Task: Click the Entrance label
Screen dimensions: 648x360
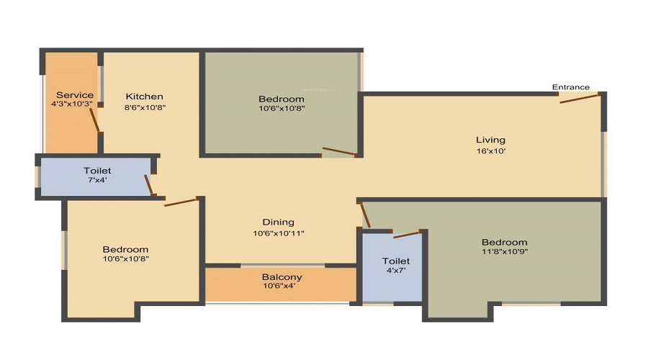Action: pos(571,87)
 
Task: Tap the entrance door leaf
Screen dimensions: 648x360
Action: pos(580,99)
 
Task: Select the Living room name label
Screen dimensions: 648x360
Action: pos(490,140)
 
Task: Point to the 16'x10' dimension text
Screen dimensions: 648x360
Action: pos(491,151)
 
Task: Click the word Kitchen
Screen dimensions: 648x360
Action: pos(144,96)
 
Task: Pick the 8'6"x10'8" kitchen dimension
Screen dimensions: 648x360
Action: pos(145,107)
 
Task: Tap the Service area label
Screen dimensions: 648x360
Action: pos(75,95)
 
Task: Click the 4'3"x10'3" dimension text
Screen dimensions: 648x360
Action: pos(72,104)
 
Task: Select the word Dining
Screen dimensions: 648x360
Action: pos(279,222)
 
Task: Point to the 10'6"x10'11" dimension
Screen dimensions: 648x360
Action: pos(279,233)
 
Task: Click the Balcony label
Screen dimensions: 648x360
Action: pos(282,277)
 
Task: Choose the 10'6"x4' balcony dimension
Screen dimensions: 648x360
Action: pos(279,286)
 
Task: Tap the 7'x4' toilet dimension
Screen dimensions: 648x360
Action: pos(97,180)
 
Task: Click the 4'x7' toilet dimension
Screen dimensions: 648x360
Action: pos(396,271)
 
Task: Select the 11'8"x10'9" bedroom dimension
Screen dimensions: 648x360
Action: pos(505,251)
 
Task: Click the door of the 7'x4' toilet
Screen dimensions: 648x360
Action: pos(149,185)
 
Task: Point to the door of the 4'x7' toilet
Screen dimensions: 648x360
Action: pos(407,235)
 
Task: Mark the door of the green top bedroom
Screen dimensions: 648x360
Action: pos(338,151)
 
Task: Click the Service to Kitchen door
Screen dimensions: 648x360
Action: pos(94,120)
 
